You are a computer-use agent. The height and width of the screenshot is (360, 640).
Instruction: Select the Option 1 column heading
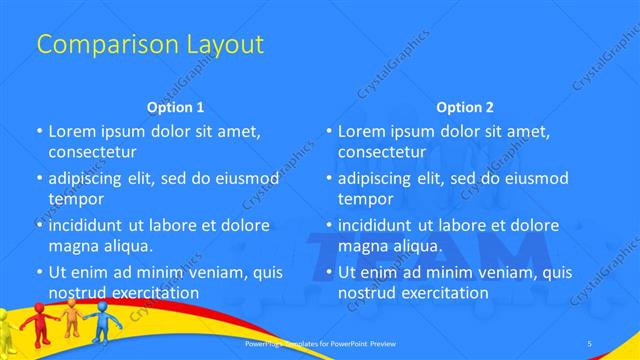176,107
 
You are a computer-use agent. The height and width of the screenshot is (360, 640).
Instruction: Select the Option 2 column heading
465,107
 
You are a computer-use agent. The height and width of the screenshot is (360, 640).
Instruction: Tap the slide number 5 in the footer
589,344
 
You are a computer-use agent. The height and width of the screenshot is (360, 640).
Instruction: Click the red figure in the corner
39,322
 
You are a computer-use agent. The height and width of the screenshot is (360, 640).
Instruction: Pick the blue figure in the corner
105,322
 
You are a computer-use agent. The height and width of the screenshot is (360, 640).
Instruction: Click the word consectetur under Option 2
381,152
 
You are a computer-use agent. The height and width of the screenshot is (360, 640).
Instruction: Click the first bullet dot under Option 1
39,132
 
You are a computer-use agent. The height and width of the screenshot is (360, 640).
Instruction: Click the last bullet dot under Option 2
329,272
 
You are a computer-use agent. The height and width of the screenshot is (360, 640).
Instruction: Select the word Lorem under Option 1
71,131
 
